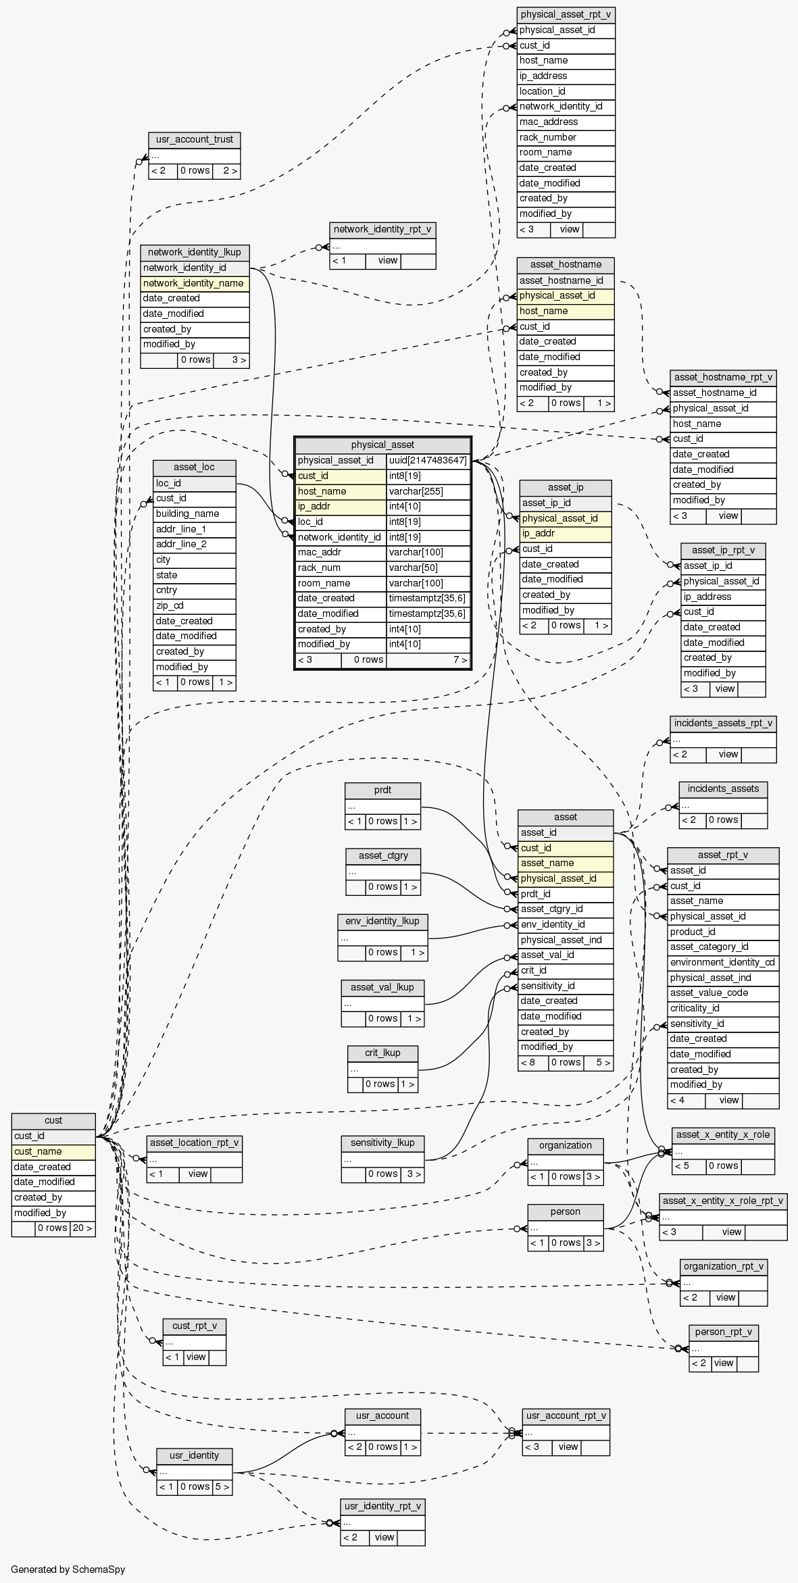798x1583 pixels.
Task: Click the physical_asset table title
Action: click(382, 445)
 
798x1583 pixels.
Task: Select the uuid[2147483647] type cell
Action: click(428, 461)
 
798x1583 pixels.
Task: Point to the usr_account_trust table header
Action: click(195, 140)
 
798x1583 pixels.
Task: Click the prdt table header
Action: click(382, 790)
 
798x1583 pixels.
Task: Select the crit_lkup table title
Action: click(382, 1053)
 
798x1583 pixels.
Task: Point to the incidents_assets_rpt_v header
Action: click(723, 723)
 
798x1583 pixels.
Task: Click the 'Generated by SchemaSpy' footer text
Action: click(68, 1569)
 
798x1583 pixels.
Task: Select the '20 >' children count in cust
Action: click(82, 1228)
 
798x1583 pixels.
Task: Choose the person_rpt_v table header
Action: click(723, 1332)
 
